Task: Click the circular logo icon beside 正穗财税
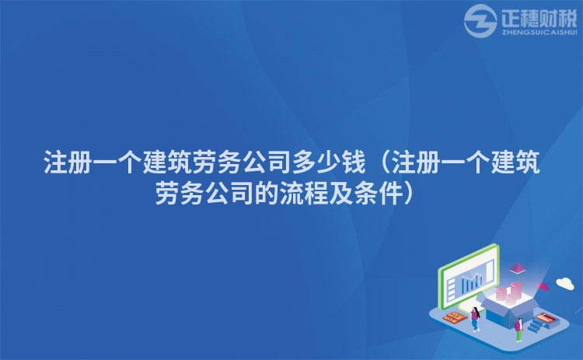tap(480, 21)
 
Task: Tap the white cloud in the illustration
tap(564, 284)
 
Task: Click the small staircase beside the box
tap(536, 326)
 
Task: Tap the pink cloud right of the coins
tap(543, 287)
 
